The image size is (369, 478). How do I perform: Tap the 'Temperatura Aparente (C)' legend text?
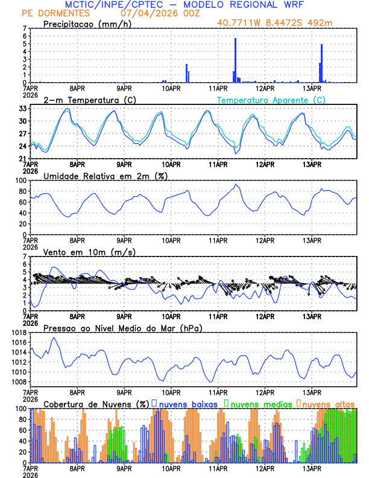click(271, 100)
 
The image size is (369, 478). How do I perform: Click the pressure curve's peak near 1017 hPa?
click(54, 338)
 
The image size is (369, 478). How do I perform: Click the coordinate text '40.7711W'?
click(241, 24)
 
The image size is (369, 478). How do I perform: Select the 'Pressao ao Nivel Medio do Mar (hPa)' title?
click(123, 328)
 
